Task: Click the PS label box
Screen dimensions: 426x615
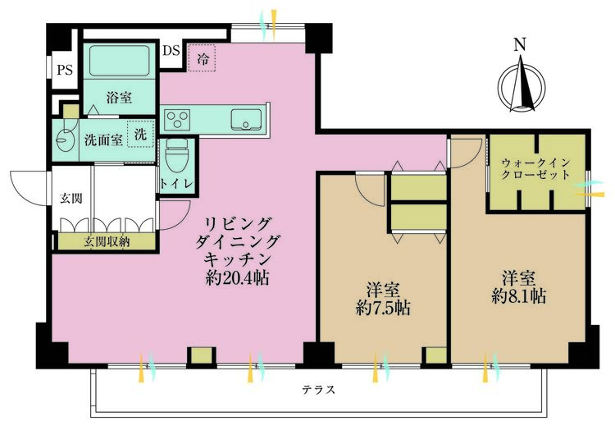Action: pyautogui.click(x=64, y=71)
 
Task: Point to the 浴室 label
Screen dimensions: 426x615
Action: pyautogui.click(x=118, y=96)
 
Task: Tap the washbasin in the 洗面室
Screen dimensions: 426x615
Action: pyautogui.click(x=64, y=139)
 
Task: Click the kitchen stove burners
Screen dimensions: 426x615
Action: pyautogui.click(x=177, y=121)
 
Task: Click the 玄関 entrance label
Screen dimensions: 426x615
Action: pyautogui.click(x=70, y=198)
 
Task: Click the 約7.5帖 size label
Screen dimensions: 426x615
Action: pyautogui.click(x=383, y=309)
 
